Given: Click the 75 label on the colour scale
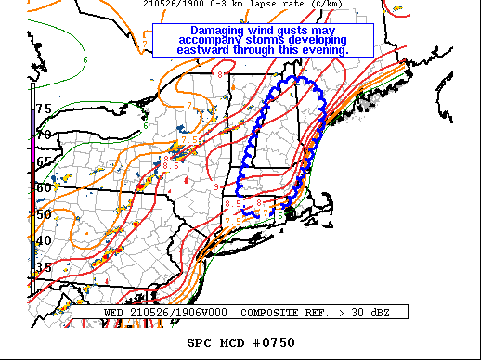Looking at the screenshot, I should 44,109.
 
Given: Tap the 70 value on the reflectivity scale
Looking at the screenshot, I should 44,135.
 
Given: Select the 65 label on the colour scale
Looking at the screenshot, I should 44,161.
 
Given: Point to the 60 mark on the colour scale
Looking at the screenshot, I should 44,187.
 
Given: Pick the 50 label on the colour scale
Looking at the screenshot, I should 44,214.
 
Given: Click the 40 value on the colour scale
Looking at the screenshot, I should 44,241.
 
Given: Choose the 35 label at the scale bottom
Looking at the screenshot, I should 44,267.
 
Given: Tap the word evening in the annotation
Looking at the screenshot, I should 320,49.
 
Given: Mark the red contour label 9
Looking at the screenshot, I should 215,188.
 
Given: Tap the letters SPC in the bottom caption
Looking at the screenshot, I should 200,343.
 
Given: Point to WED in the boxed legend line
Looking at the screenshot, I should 113,313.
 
